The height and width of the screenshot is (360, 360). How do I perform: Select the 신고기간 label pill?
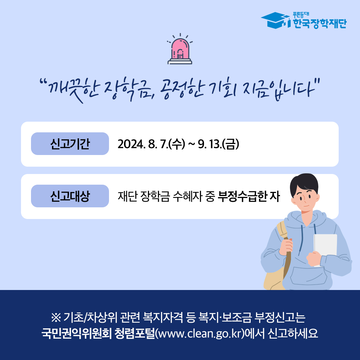tap(70, 144)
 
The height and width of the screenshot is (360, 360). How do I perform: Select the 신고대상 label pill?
tap(70, 196)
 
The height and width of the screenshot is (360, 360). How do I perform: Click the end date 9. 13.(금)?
tap(219, 144)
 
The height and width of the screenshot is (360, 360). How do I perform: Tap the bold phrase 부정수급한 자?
tap(249, 197)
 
